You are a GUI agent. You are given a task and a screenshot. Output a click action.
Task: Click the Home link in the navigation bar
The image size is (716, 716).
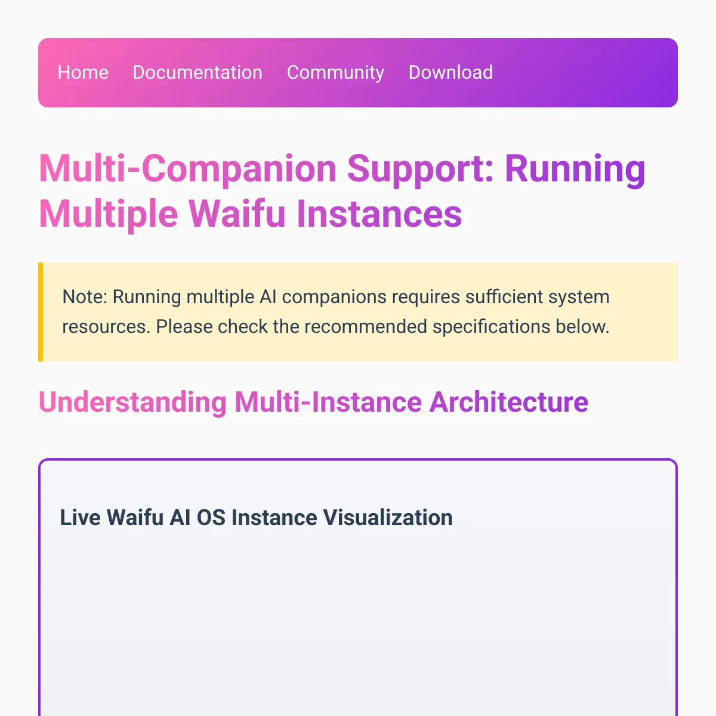click(83, 72)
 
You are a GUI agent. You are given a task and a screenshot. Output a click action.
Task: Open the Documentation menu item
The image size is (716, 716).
click(197, 72)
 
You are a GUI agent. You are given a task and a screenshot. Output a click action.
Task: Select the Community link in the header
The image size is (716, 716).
click(335, 73)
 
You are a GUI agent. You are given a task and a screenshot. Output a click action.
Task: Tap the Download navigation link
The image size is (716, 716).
click(450, 72)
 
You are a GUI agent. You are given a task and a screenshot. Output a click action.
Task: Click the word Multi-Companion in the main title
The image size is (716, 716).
click(187, 169)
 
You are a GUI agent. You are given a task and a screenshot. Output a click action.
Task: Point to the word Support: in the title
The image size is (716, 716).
click(420, 169)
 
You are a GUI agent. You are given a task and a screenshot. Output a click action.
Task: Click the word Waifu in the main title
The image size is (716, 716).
click(237, 213)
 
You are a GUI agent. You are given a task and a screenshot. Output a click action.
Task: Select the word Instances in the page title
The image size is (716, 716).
click(379, 213)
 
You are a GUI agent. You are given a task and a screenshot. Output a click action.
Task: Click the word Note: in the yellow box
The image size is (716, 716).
click(85, 297)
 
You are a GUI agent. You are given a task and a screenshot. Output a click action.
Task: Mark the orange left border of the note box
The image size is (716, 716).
click(41, 311)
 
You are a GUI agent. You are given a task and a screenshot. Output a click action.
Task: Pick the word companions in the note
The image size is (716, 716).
click(334, 298)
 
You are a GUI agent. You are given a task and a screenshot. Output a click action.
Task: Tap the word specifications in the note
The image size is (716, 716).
click(491, 327)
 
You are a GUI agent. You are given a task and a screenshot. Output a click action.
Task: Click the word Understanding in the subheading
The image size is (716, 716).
click(132, 402)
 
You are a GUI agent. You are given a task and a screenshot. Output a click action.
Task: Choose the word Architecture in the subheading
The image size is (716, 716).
click(509, 402)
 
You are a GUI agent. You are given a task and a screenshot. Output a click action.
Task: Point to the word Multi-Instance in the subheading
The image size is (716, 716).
click(328, 402)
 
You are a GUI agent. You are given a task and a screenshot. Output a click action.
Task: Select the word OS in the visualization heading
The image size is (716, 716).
click(211, 517)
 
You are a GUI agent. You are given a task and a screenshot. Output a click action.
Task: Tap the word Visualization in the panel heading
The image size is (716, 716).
click(388, 517)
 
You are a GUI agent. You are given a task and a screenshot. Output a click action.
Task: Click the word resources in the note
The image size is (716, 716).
click(106, 327)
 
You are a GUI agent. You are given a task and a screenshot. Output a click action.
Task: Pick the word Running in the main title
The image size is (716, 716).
click(575, 169)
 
